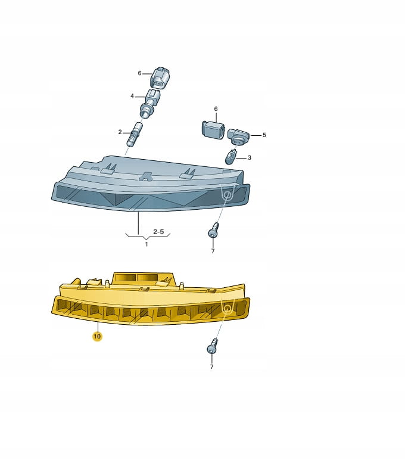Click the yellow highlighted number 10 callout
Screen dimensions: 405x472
coord(97,336)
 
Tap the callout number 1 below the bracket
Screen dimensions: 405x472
coord(147,244)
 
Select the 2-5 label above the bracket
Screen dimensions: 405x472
coord(158,231)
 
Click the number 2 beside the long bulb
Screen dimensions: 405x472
coord(120,132)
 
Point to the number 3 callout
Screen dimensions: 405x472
coord(250,157)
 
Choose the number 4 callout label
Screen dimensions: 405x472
coord(132,96)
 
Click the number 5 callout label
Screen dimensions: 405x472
coord(264,135)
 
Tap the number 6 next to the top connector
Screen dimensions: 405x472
coord(139,73)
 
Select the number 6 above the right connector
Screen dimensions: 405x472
coord(216,108)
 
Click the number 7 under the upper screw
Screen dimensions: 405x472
coord(213,251)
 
